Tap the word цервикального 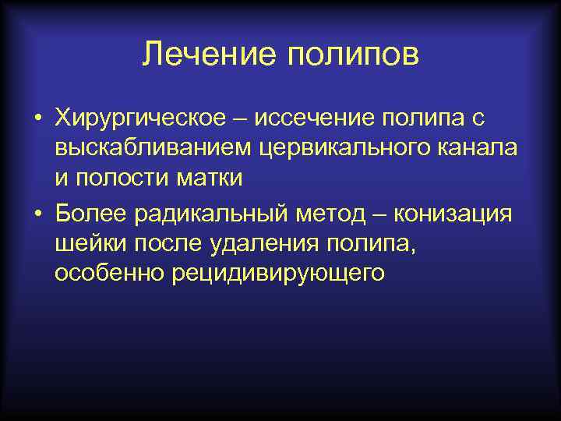337,148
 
